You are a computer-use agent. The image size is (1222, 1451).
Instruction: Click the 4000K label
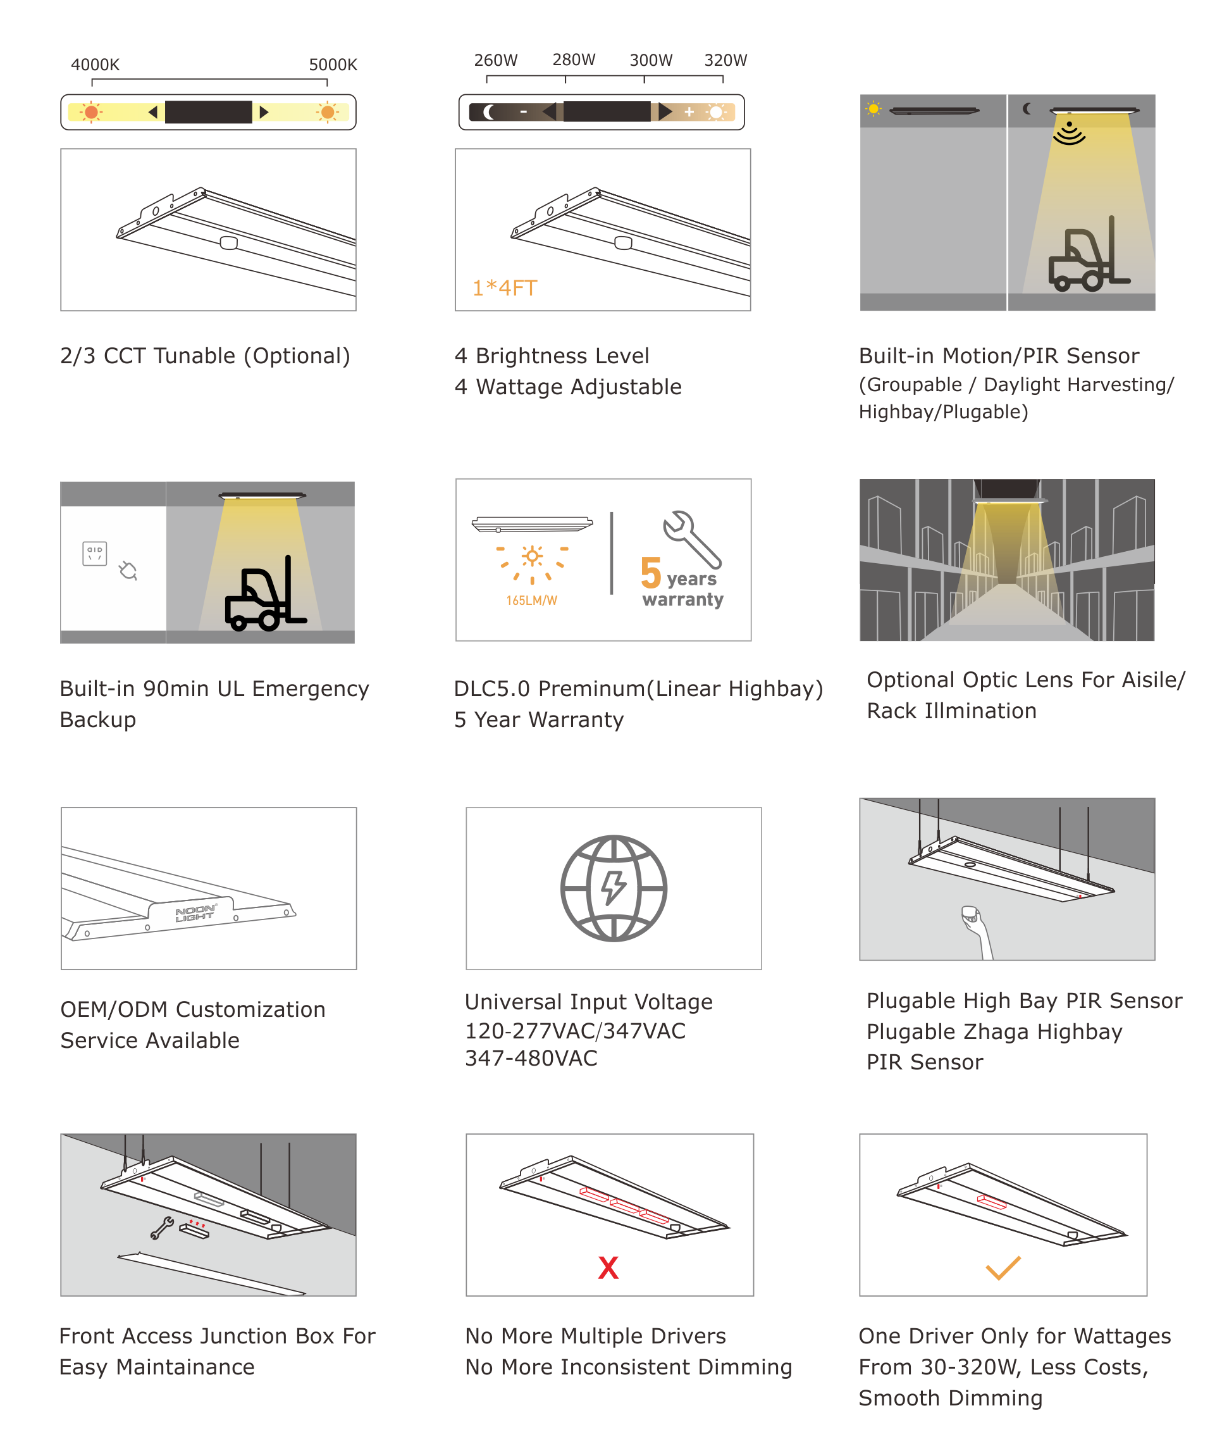[x=95, y=65]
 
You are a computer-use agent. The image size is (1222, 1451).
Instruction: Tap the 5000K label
[x=333, y=65]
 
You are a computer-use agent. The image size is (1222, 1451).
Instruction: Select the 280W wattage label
[x=574, y=59]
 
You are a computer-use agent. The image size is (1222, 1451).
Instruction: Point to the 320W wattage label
[x=725, y=60]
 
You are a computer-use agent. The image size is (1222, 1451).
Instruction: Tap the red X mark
[x=608, y=1267]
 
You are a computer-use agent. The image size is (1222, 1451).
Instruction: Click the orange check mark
[x=1003, y=1267]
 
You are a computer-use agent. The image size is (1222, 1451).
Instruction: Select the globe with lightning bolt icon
[x=614, y=888]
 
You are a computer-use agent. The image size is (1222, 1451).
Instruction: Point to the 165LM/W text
[x=531, y=600]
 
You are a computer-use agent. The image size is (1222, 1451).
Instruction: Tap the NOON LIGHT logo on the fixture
[x=195, y=913]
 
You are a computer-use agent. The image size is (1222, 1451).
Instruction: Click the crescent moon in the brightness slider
[x=489, y=111]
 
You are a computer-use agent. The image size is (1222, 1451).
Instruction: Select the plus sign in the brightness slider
[x=689, y=111]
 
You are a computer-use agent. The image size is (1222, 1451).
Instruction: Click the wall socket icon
[x=95, y=554]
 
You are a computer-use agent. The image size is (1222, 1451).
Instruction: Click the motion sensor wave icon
[x=1069, y=132]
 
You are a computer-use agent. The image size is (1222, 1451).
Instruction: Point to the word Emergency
[x=311, y=688]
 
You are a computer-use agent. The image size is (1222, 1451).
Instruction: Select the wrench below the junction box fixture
[x=162, y=1228]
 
